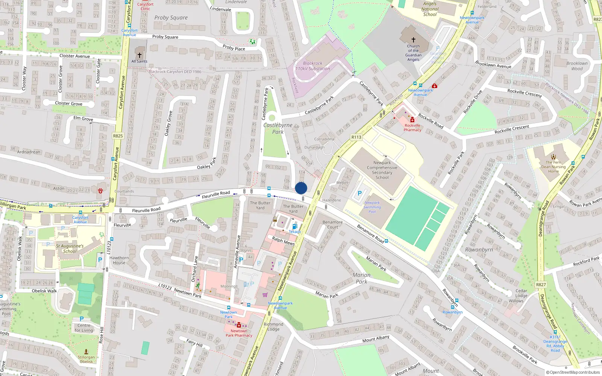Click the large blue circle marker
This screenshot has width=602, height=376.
pos(301,188)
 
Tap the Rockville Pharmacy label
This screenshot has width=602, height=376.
pos(412,128)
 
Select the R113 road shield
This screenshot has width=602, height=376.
pos(356,137)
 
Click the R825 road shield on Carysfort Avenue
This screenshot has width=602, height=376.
pos(118,136)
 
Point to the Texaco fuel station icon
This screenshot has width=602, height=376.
pos(295,226)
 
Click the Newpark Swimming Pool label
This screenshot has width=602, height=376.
pos(372,207)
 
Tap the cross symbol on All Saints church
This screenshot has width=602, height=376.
pos(140,55)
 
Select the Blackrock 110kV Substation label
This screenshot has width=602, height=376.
pos(313,66)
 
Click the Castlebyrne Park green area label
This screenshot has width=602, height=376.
pos(278,128)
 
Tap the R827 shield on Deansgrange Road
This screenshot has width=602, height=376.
pos(541,285)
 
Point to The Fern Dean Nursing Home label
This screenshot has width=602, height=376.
pos(553,167)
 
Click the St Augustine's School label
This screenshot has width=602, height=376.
pos(70,249)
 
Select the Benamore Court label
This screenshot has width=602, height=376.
pos(332,224)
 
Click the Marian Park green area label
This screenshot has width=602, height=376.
pos(361,278)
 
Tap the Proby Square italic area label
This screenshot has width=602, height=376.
pos(171,18)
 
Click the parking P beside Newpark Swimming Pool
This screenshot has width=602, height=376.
pos(359,194)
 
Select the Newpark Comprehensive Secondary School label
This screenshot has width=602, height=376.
pos(382,170)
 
